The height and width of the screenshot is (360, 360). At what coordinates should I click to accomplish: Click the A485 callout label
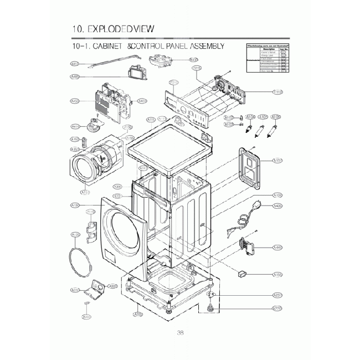click(x=75, y=77)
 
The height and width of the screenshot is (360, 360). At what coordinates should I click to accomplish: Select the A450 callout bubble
click(x=75, y=101)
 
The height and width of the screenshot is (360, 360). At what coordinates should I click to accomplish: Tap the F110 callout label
click(x=277, y=92)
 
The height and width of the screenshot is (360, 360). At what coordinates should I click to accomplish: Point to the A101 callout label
click(x=278, y=161)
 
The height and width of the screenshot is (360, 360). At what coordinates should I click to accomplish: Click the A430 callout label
click(x=278, y=207)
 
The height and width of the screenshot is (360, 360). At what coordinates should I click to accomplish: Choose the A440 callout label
click(x=278, y=247)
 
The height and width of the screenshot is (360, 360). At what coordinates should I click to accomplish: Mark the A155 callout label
click(x=278, y=275)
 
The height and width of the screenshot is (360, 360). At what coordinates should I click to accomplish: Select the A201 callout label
click(x=278, y=295)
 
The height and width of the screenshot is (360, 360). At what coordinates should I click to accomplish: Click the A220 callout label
click(x=278, y=308)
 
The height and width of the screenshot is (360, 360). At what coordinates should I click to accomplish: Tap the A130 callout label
click(x=75, y=205)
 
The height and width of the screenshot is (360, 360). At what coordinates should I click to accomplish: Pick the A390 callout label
click(x=117, y=187)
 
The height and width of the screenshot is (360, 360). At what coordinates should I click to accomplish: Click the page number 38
click(x=180, y=332)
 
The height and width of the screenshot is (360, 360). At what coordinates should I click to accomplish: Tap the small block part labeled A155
click(x=242, y=272)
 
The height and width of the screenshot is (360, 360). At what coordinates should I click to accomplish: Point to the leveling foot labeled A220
click(x=210, y=307)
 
